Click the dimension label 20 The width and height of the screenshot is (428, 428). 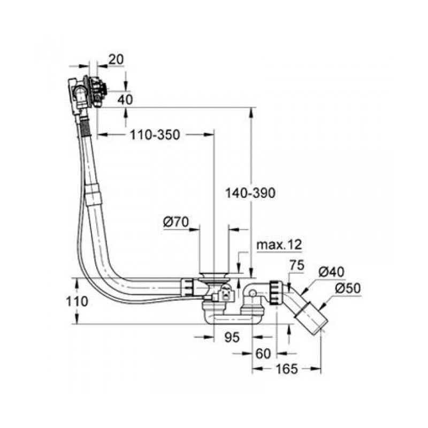[115, 60]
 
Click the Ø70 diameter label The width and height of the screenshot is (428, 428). [177, 221]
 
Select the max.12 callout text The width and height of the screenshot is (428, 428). [279, 245]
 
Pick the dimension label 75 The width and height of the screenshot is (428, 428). [296, 265]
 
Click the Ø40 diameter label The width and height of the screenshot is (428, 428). [332, 272]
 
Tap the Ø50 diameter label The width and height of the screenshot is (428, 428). [347, 289]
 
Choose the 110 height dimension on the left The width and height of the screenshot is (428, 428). [78, 301]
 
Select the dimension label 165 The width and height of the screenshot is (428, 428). [287, 369]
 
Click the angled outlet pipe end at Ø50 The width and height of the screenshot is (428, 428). [312, 318]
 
